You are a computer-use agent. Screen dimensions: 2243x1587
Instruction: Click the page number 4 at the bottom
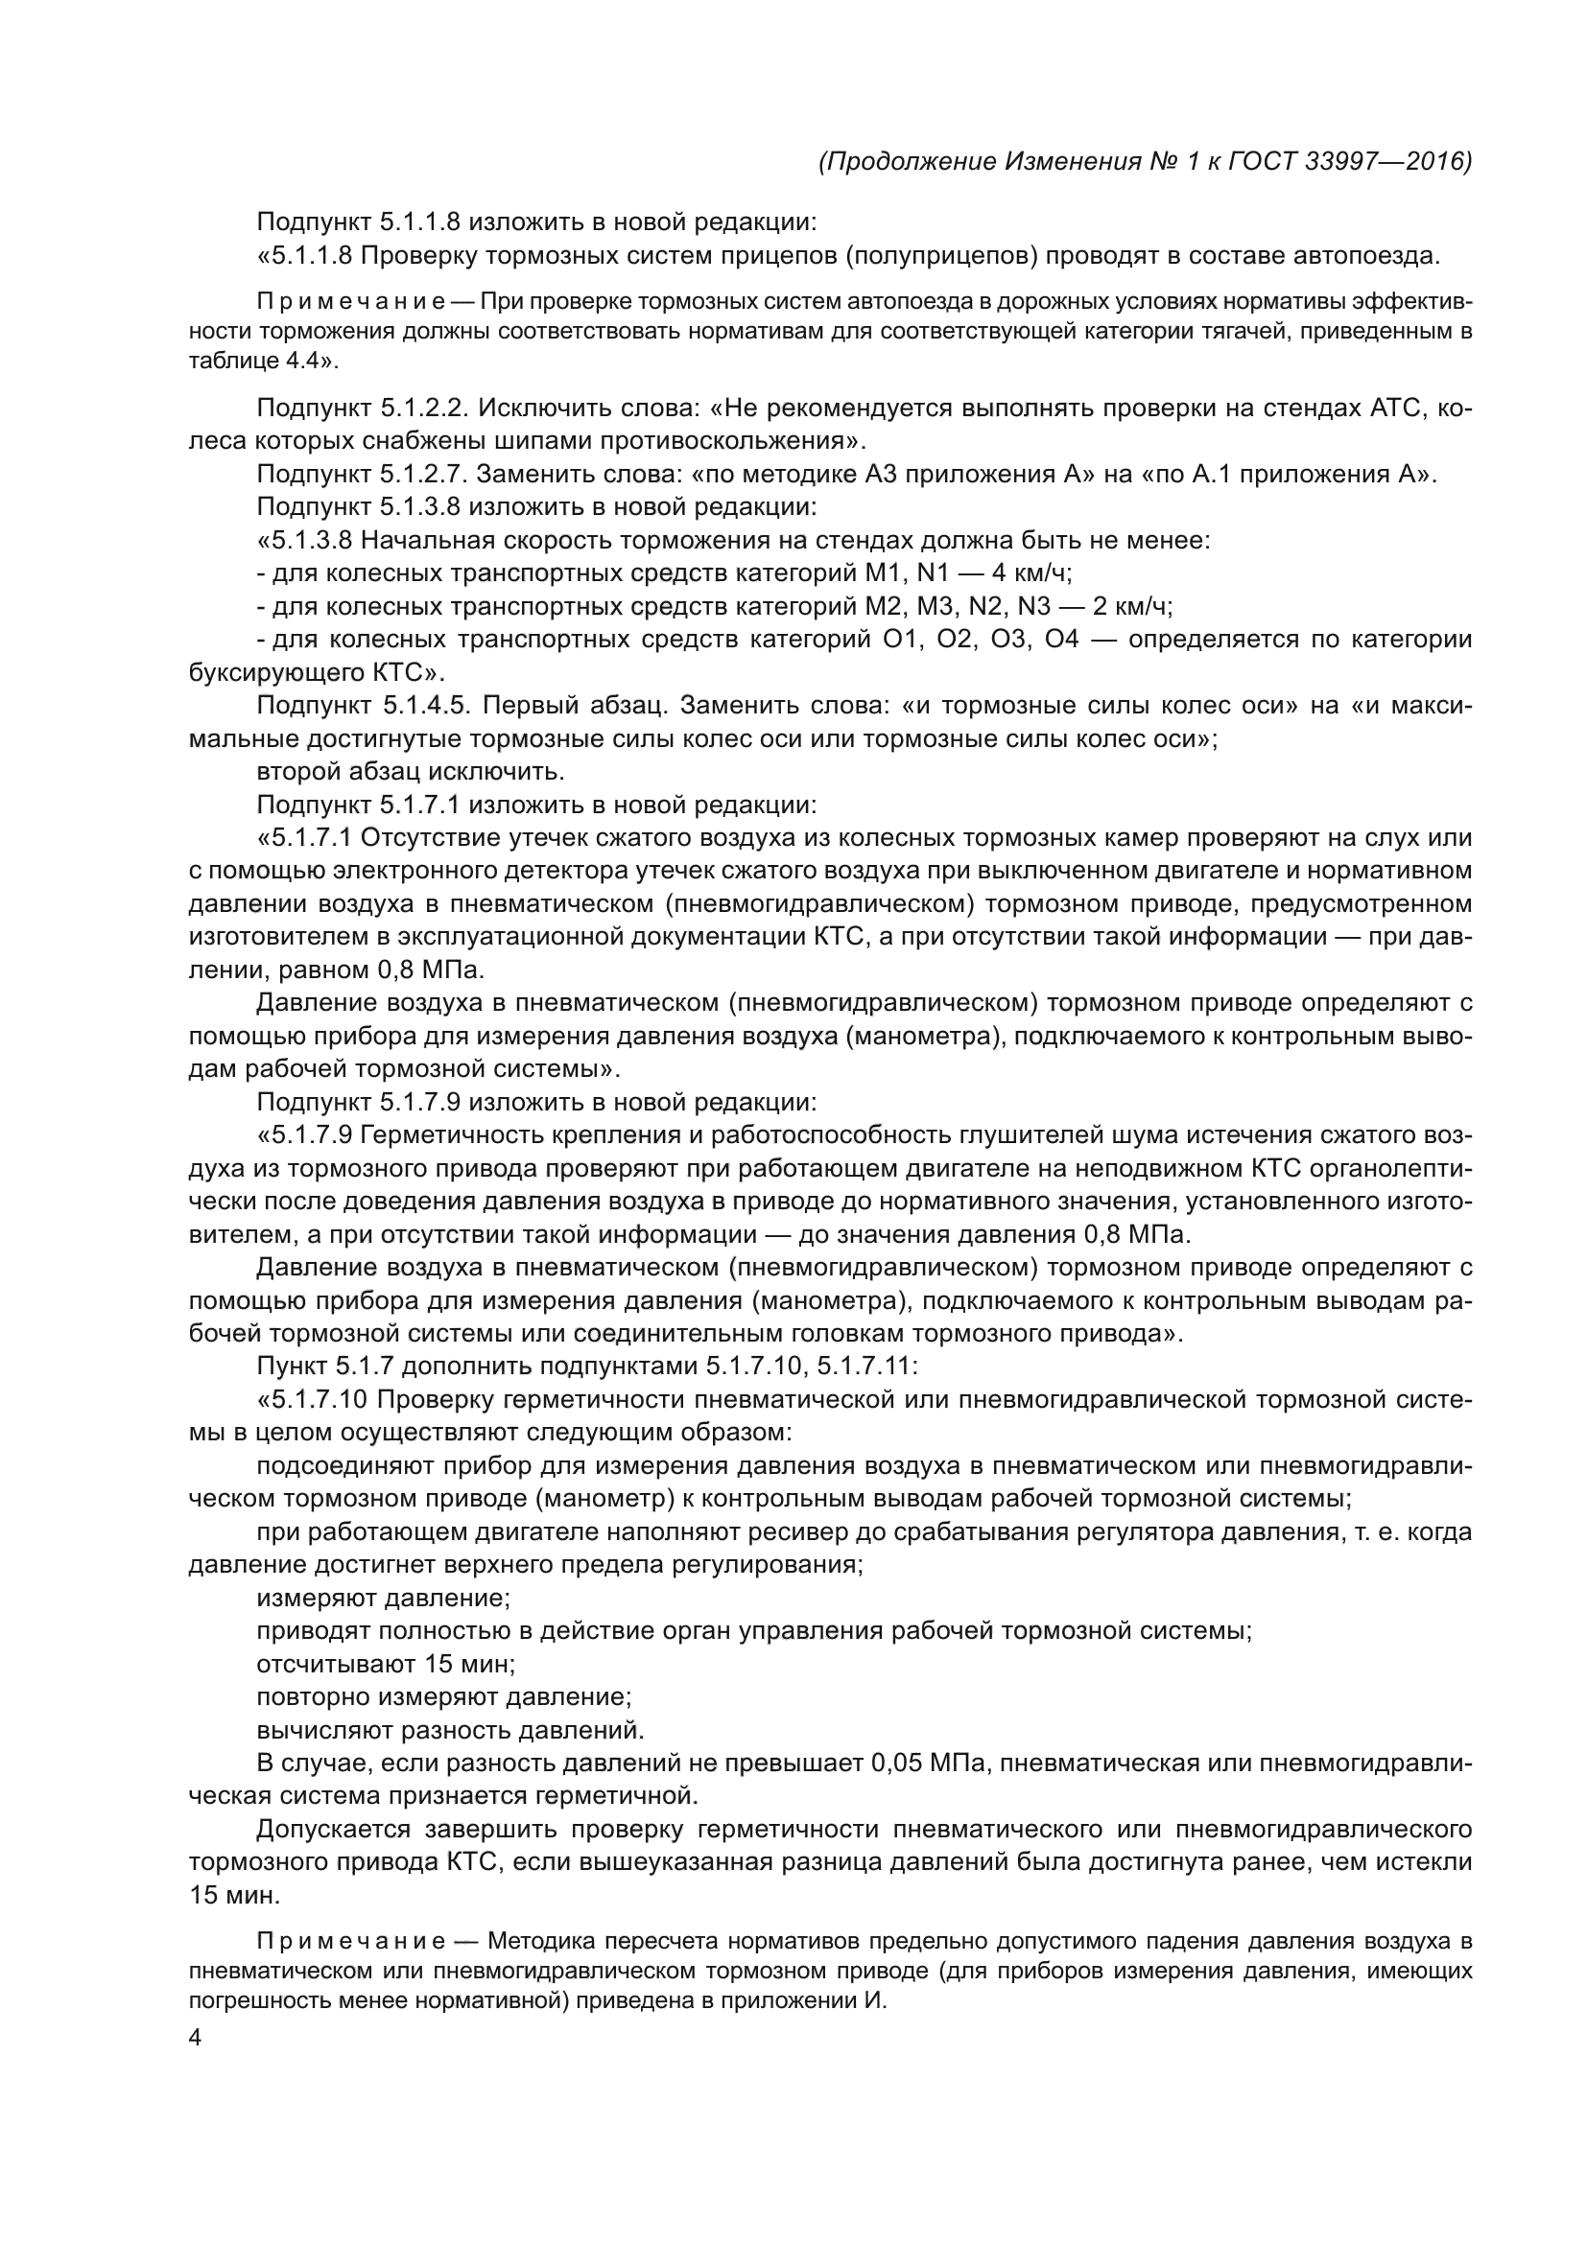coord(196,2038)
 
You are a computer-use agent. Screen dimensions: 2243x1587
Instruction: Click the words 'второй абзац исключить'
coord(411,772)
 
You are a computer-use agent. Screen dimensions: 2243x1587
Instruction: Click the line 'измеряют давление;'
coord(383,1600)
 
